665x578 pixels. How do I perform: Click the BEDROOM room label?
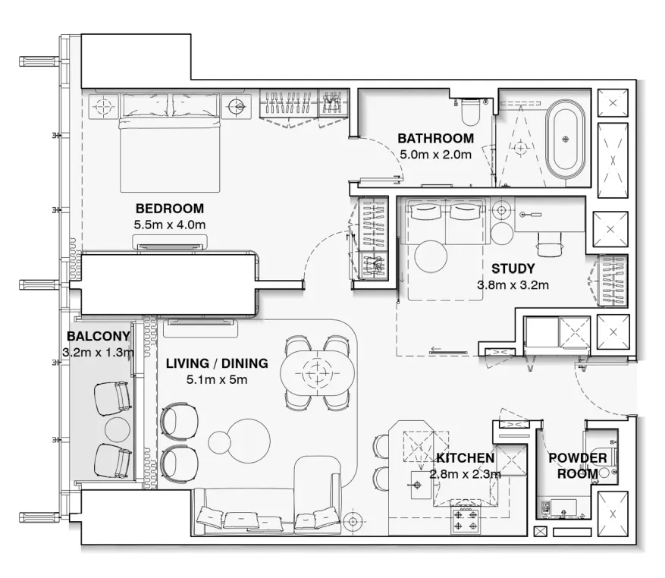(170, 209)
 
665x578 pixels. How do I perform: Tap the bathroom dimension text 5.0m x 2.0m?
(435, 154)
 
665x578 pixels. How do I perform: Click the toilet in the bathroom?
(469, 112)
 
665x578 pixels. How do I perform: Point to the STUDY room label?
(513, 269)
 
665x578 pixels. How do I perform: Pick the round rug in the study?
(431, 257)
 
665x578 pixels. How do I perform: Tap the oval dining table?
(317, 372)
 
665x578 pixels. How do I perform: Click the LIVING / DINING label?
(217, 363)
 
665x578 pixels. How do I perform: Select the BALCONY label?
(99, 336)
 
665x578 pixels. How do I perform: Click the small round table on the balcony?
(118, 429)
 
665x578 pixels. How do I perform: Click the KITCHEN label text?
(465, 458)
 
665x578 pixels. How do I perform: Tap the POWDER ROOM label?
(578, 466)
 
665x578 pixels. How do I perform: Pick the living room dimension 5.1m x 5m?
(217, 380)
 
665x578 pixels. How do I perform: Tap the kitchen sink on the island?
(418, 486)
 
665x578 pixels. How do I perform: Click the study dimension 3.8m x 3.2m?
(513, 285)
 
